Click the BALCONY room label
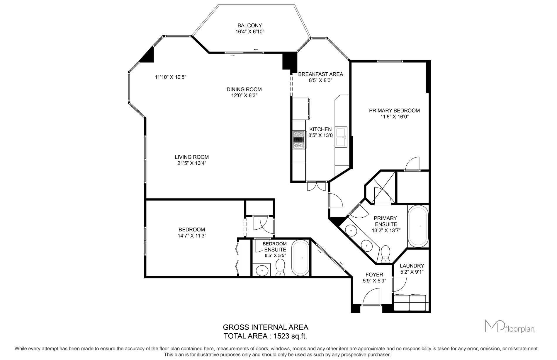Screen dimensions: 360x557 click(x=250, y=25)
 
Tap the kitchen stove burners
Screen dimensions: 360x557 click(x=299, y=140)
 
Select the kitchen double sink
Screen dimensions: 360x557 click(x=341, y=137)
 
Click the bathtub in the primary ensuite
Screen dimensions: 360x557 click(x=418, y=226)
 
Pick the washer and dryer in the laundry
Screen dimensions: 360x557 click(x=410, y=302)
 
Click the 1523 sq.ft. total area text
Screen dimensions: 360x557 click(x=290, y=336)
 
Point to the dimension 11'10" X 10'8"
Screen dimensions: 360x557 click(x=171, y=77)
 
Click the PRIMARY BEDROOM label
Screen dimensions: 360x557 click(x=394, y=110)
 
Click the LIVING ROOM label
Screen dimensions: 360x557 click(x=192, y=157)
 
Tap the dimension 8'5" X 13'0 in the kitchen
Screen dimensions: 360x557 click(x=320, y=135)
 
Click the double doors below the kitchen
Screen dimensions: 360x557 click(x=317, y=186)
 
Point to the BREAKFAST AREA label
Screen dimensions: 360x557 click(x=320, y=74)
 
